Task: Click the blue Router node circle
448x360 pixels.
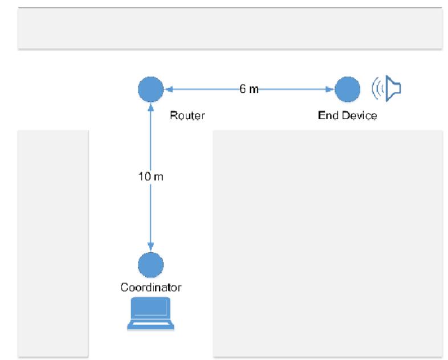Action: click(150, 89)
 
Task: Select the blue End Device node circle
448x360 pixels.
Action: click(347, 89)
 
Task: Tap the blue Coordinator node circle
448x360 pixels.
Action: click(150, 264)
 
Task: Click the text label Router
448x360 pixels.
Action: click(187, 116)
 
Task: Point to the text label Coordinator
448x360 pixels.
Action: click(150, 288)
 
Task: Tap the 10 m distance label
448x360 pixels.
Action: click(150, 177)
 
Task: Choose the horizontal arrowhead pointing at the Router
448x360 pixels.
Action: click(168, 89)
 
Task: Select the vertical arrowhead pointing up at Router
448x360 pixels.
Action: click(150, 107)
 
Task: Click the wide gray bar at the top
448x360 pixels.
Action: click(230, 28)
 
